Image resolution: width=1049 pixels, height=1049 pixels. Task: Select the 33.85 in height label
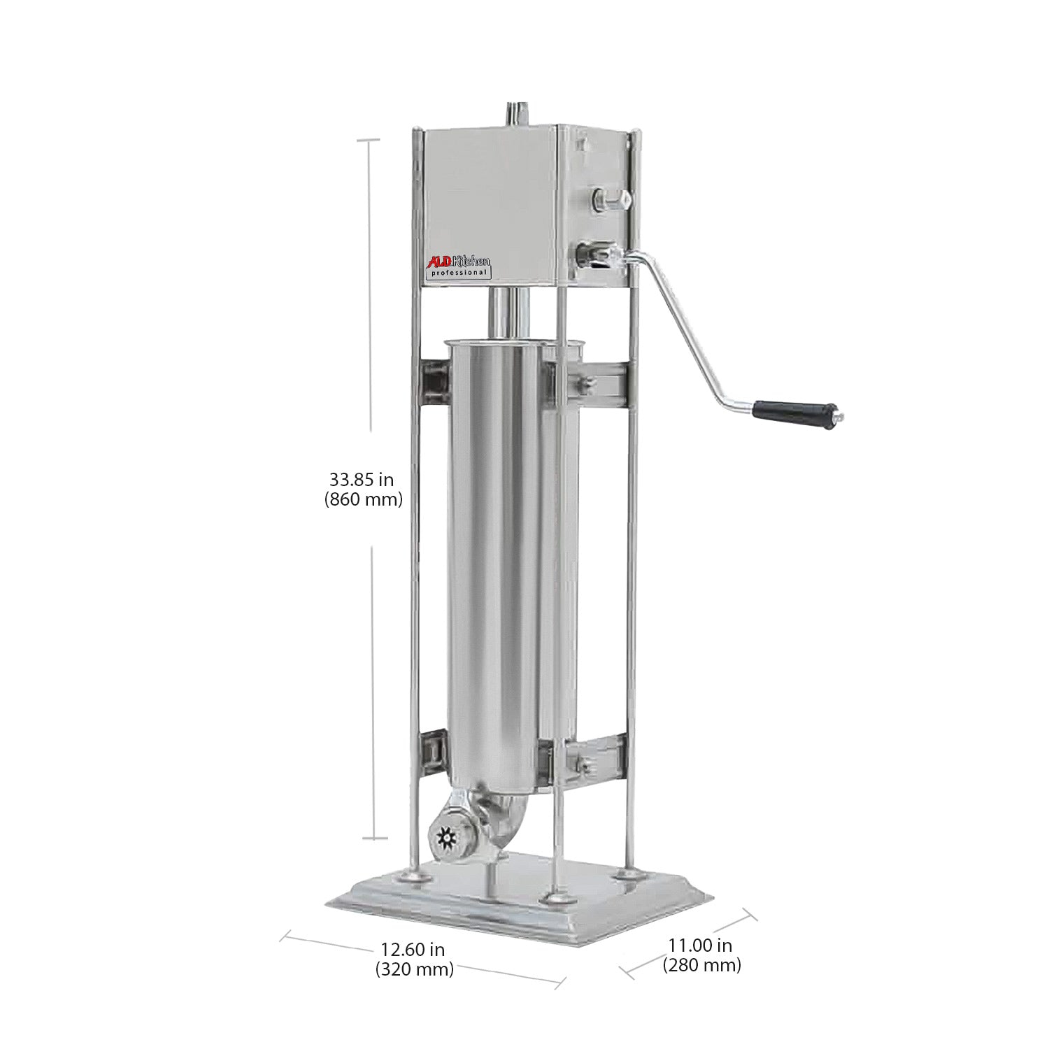pyautogui.click(x=362, y=480)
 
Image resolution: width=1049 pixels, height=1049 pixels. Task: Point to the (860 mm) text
pyautogui.click(x=363, y=500)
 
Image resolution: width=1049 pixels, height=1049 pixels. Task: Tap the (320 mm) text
pyautogui.click(x=414, y=969)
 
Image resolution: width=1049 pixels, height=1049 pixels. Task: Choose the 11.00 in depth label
pyautogui.click(x=700, y=945)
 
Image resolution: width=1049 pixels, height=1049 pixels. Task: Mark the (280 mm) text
pyautogui.click(x=701, y=966)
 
